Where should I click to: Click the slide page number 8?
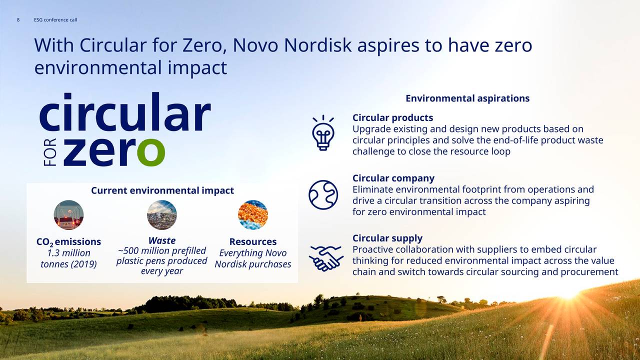coord(18,19)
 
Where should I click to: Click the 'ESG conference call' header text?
coord(55,19)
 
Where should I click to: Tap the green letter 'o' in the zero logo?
coord(151,152)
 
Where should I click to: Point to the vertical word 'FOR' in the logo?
coord(50,152)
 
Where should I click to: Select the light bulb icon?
coord(323,133)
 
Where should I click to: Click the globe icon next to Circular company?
coord(323,195)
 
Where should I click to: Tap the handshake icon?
coord(326,258)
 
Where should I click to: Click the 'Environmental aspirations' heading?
coord(467,98)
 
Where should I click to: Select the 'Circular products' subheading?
coord(392,117)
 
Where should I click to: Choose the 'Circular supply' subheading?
coord(387,238)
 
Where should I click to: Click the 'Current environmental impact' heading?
coord(162,190)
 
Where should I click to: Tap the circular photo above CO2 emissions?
coord(68,215)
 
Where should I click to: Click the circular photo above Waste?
coord(161,215)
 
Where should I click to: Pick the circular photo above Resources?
coord(253,215)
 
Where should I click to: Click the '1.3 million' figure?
coord(68,253)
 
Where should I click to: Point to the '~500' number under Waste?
coord(128,250)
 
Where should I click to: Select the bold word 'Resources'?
coord(253,241)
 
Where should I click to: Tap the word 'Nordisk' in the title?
coord(317,45)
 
